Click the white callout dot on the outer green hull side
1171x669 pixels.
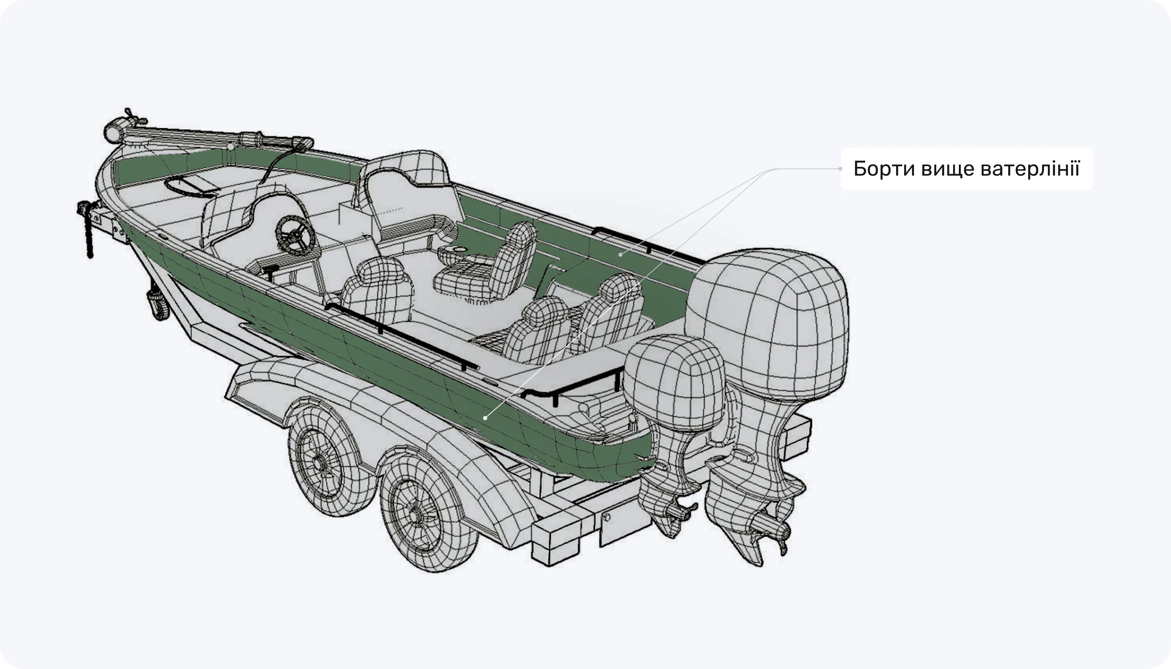point(485,418)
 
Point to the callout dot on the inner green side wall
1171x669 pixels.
point(620,254)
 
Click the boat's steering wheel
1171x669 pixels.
point(295,235)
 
